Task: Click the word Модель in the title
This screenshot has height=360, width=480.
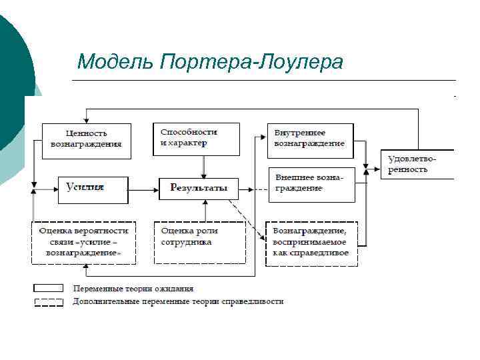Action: pyautogui.click(x=116, y=62)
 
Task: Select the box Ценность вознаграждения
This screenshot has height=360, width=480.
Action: pyautogui.click(x=86, y=140)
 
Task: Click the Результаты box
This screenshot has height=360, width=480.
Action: pyautogui.click(x=199, y=188)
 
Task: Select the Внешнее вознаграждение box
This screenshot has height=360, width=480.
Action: pyautogui.click(x=311, y=184)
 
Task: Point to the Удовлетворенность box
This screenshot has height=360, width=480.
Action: pyautogui.click(x=417, y=164)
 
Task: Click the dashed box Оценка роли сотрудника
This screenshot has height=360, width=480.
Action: pyautogui.click(x=199, y=242)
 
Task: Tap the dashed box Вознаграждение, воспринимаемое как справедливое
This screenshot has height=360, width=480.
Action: pyautogui.click(x=311, y=243)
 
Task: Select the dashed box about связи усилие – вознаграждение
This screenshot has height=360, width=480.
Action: pyautogui.click(x=84, y=242)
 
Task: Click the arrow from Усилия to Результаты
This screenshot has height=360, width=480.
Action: pyautogui.click(x=143, y=189)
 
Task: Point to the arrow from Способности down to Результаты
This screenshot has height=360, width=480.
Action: pyautogui.click(x=204, y=167)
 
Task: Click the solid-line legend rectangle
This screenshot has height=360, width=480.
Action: pyautogui.click(x=50, y=289)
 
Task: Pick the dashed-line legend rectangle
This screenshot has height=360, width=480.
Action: pyautogui.click(x=50, y=301)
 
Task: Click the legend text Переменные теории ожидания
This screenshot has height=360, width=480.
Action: pyautogui.click(x=133, y=289)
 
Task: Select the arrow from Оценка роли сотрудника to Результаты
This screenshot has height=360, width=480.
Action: pyautogui.click(x=199, y=211)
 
